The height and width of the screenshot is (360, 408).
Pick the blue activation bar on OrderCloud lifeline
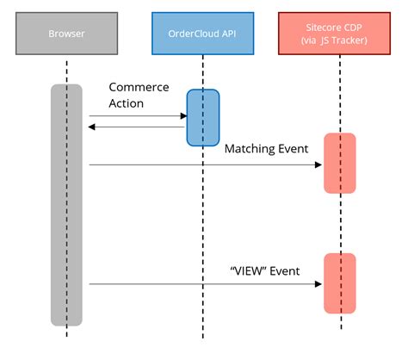coord(202,116)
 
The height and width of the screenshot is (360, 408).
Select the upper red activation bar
coord(339,163)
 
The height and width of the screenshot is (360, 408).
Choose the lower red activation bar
coord(339,282)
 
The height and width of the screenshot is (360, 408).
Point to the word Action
coord(127,104)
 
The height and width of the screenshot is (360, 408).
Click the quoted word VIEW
coord(248,270)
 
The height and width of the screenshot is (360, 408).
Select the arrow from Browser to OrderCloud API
coord(138,115)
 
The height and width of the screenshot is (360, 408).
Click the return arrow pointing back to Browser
coord(138,128)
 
